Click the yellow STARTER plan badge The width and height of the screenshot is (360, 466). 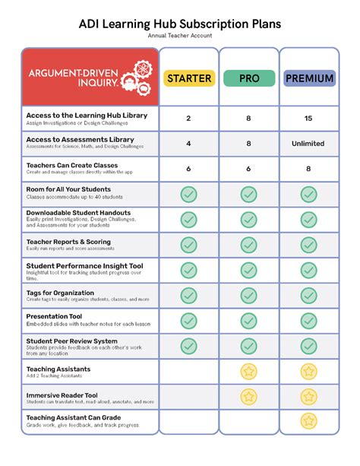point(188,78)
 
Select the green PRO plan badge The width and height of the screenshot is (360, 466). point(248,78)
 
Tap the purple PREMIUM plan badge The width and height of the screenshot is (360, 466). point(308,78)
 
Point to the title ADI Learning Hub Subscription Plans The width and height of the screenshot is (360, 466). point(180,24)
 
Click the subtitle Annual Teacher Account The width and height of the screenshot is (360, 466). point(180,36)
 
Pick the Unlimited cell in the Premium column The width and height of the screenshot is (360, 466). point(308,143)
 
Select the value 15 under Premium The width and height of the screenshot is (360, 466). point(308,118)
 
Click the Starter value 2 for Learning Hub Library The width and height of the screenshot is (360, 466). point(188,118)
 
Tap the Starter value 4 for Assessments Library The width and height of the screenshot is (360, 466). point(188,143)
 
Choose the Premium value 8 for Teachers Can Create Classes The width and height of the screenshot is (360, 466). point(308,169)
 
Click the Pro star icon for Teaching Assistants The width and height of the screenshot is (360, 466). point(248,371)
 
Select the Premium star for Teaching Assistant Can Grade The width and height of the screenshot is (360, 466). point(308,420)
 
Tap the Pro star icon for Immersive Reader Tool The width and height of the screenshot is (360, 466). point(248,396)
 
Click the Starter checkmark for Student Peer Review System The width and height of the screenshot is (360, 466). point(188,346)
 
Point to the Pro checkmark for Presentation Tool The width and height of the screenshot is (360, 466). point(248,320)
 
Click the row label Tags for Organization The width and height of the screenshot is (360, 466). point(60,293)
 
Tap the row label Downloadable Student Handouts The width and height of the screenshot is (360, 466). point(78,213)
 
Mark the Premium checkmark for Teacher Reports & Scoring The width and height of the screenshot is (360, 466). point(308,245)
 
